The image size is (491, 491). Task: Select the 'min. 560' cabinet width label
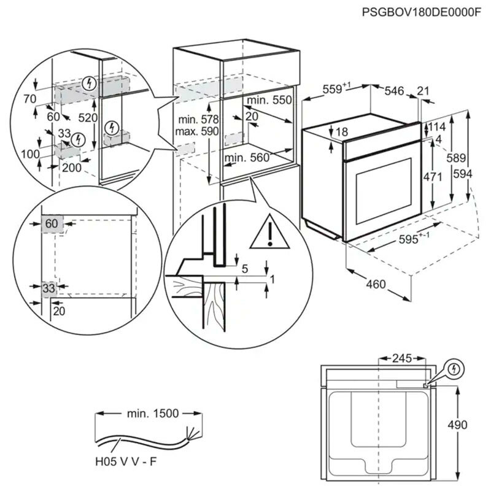pyautogui.click(x=247, y=157)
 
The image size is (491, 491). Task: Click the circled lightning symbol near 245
pyautogui.click(x=454, y=369)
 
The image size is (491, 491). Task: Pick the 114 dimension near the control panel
pyautogui.click(x=436, y=127)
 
